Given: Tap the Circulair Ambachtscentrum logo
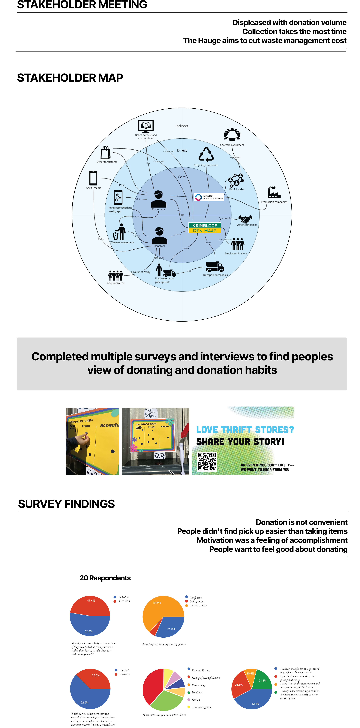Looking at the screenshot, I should (x=209, y=197).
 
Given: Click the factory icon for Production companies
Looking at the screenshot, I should (x=274, y=193).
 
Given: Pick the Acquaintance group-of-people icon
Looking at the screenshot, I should (x=116, y=276).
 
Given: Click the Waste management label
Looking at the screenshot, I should (x=122, y=243).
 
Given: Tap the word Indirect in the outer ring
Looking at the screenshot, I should (x=182, y=126).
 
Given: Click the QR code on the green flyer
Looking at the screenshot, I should (x=207, y=461).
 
